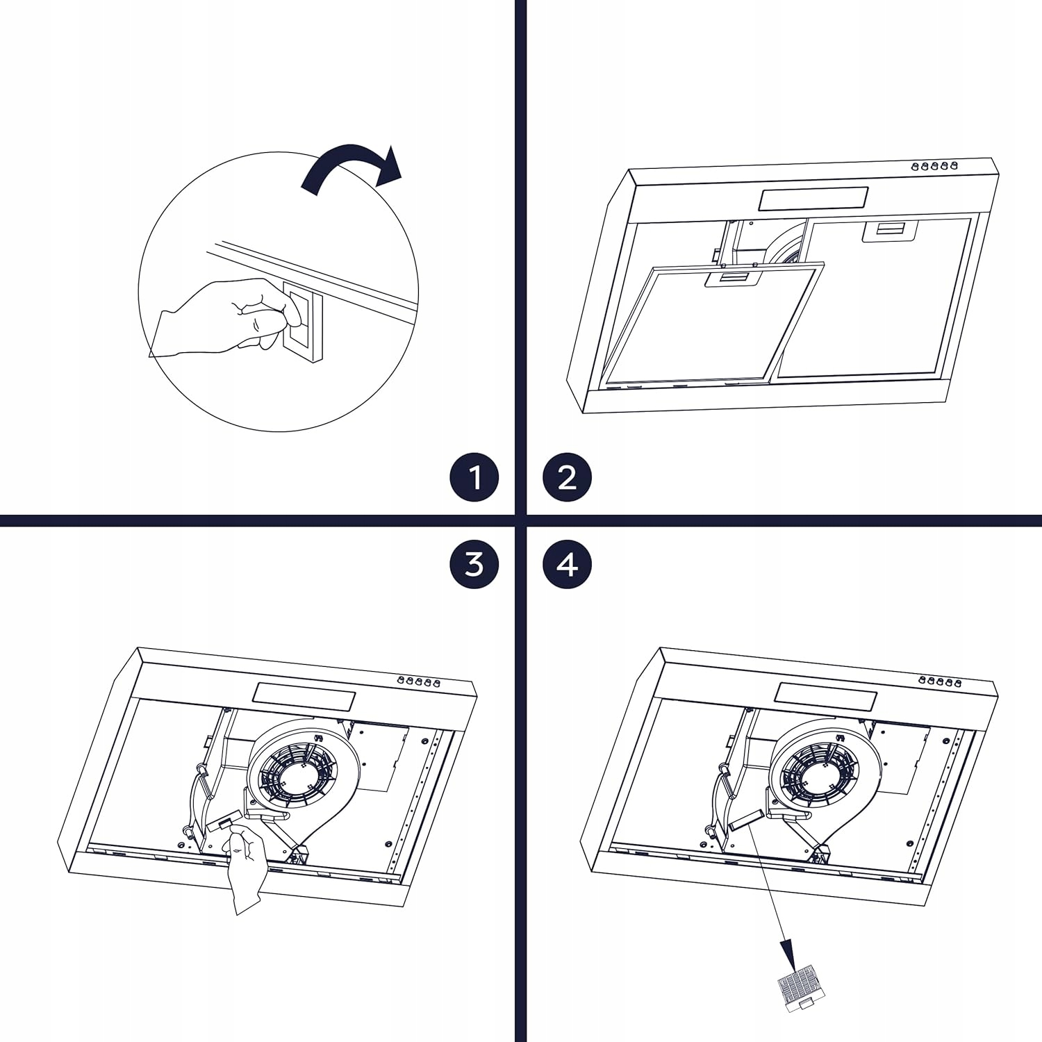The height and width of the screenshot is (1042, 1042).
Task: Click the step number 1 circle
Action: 474,478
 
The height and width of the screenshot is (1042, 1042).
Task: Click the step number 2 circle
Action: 567,478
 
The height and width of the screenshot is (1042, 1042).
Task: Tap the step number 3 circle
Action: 474,564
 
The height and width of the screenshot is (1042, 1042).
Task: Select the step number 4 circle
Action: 567,564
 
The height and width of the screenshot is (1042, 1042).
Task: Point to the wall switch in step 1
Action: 303,321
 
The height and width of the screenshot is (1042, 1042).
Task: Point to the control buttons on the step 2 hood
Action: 934,166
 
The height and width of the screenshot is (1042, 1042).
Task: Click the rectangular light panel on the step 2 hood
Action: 813,199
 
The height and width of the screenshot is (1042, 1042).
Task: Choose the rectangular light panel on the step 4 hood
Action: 825,696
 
